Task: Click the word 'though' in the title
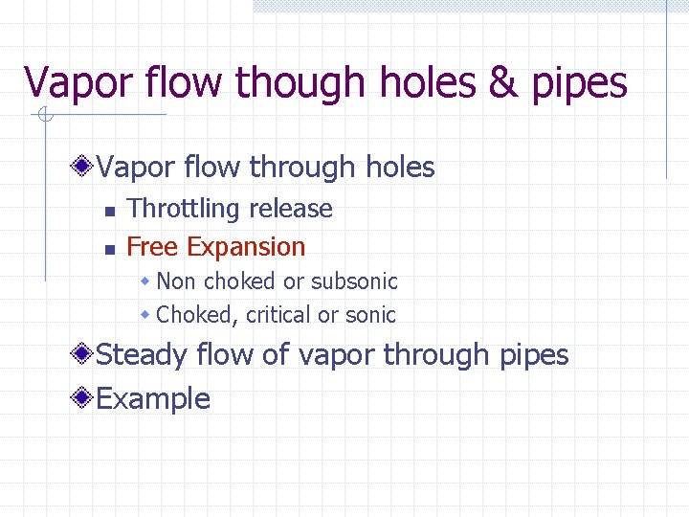(297, 83)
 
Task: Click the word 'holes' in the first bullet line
(400, 168)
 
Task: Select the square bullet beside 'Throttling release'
(110, 211)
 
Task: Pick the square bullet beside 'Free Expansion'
(110, 249)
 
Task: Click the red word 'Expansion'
(246, 247)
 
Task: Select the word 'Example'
(153, 398)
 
